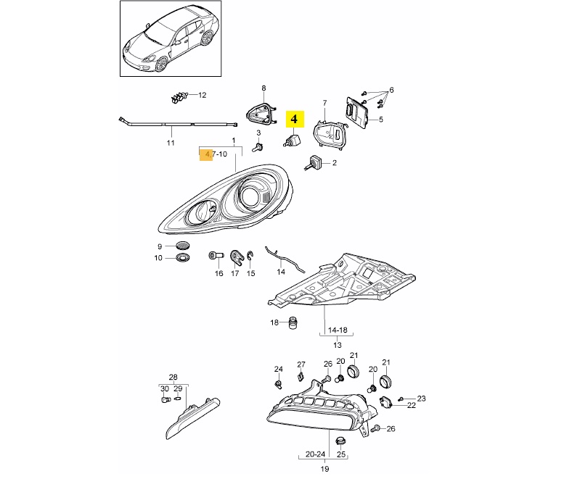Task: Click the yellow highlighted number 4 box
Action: (296, 118)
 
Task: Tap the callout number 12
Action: (202, 95)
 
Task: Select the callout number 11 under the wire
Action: (171, 143)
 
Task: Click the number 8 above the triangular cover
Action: (263, 87)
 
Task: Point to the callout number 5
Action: (380, 120)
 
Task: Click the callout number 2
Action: (335, 164)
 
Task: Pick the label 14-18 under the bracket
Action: (338, 330)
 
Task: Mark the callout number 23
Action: (422, 399)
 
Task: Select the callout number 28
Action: (173, 377)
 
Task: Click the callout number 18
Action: (274, 322)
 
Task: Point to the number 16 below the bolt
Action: (218, 273)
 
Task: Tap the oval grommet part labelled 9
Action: (182, 246)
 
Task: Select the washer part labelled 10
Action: (182, 258)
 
